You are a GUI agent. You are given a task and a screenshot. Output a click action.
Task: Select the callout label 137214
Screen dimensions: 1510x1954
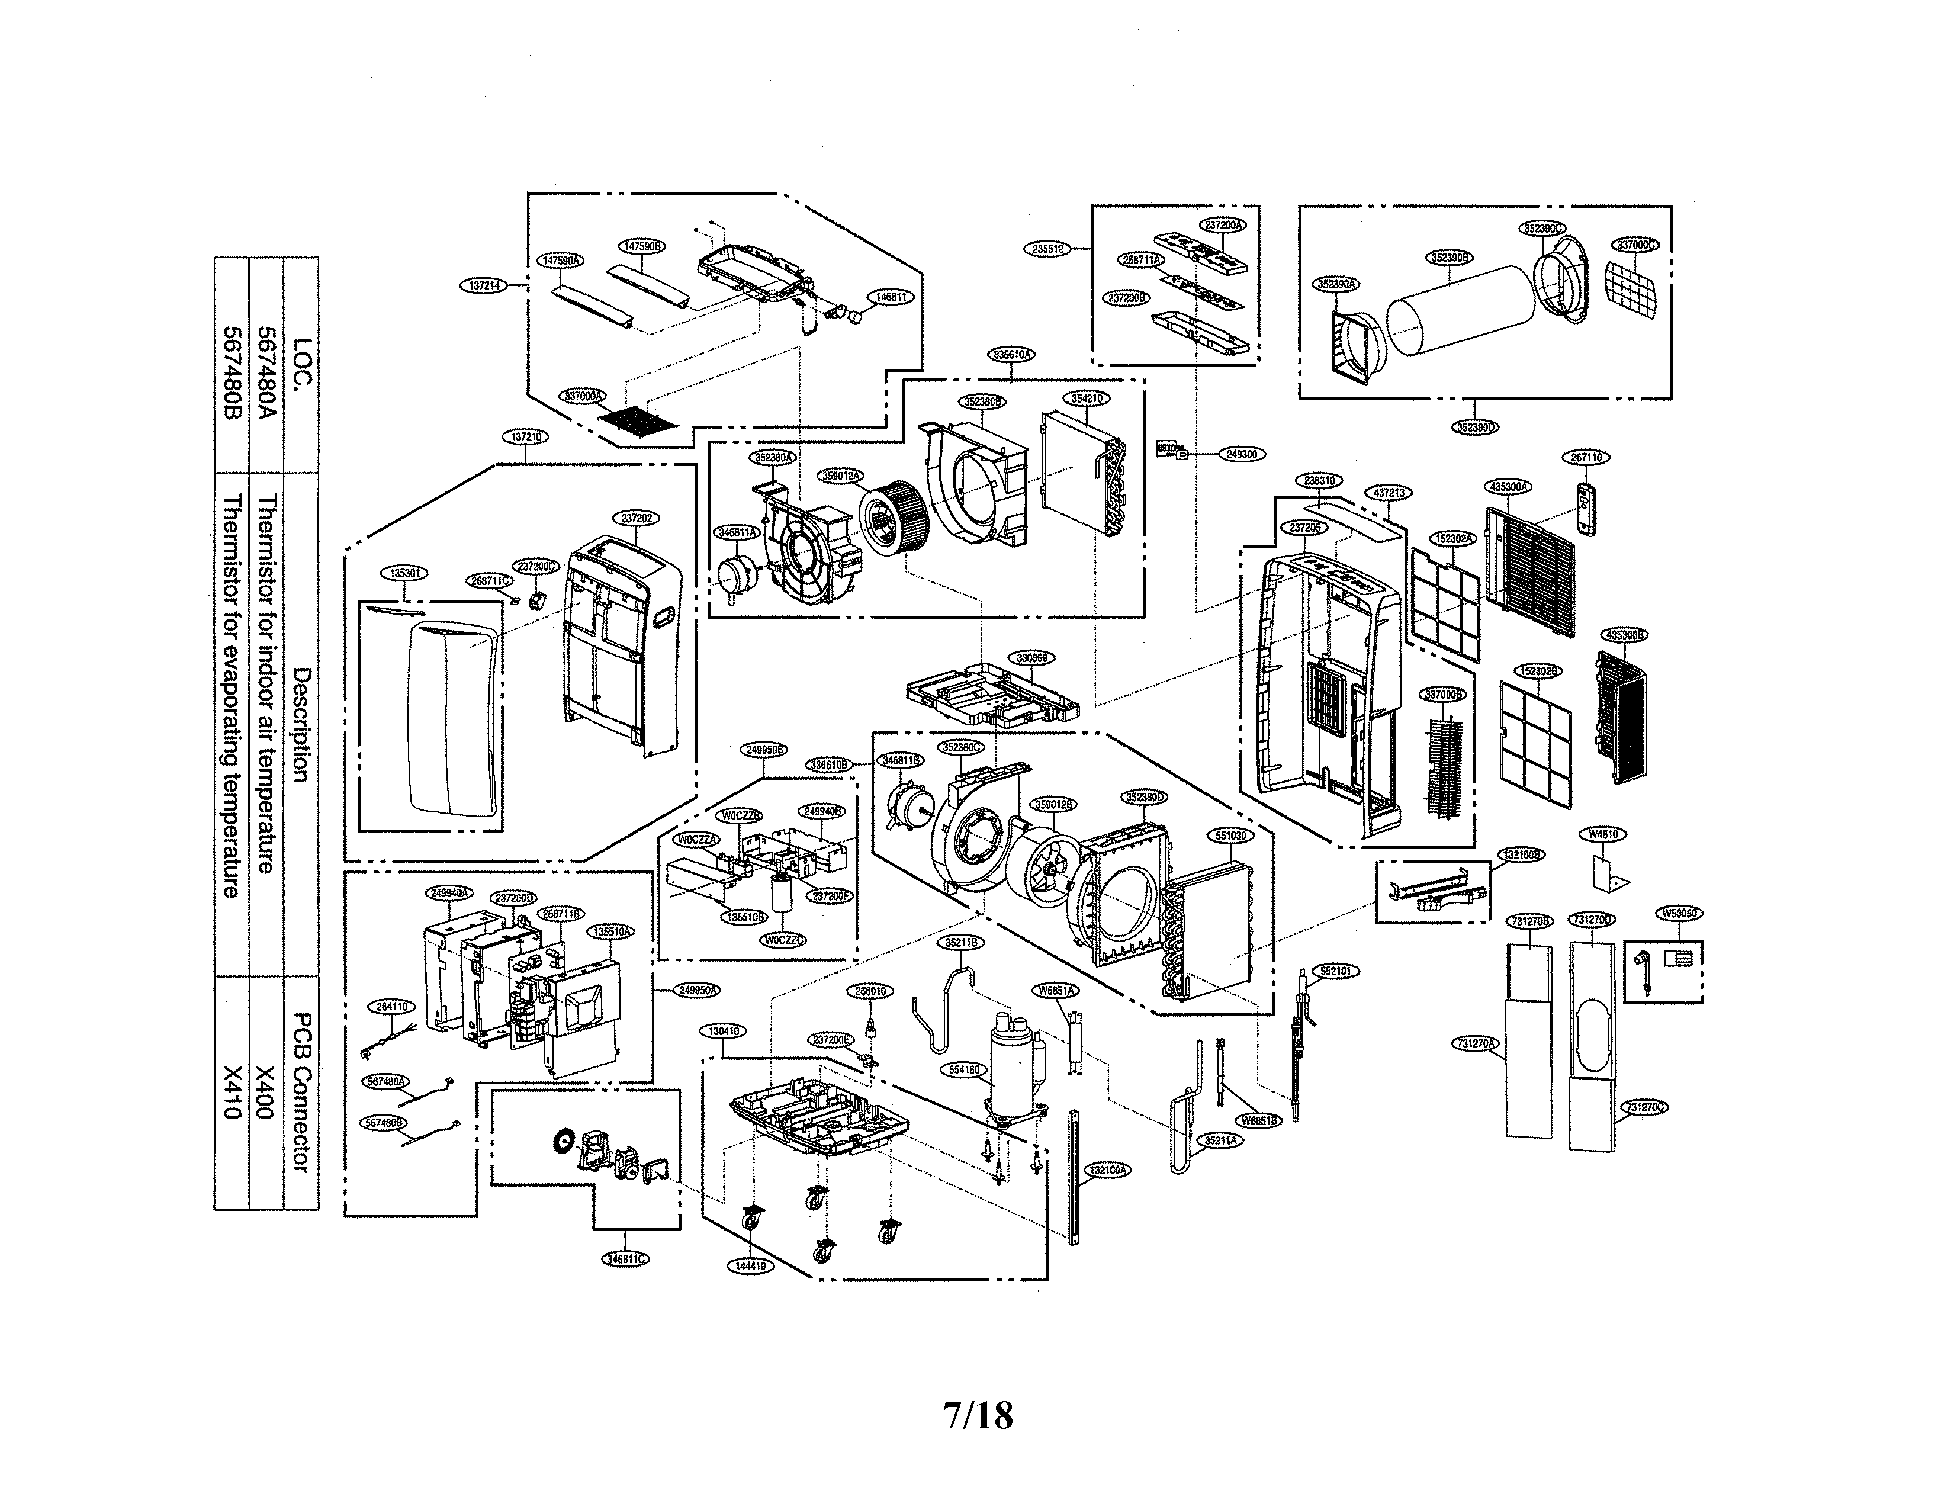[x=484, y=285]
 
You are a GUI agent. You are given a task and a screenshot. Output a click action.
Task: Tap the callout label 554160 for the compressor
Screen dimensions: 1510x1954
[x=963, y=1069]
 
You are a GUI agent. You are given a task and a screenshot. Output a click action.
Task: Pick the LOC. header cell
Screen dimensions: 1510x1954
[x=301, y=362]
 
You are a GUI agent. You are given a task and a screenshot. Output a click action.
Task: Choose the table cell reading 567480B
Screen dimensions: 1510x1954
[x=232, y=362]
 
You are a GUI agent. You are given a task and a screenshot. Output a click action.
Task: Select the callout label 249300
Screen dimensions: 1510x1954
[x=1241, y=454]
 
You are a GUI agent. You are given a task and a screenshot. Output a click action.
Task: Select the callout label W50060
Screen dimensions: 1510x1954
[x=1679, y=913]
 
